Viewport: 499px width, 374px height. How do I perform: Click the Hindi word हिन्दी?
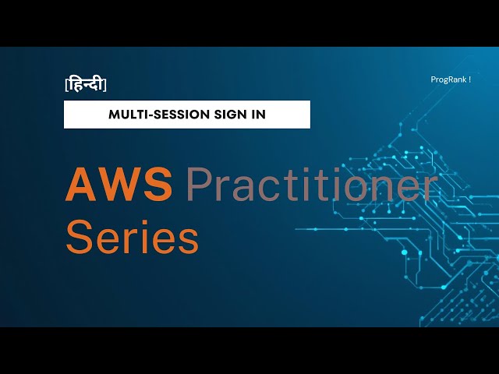[x=86, y=84]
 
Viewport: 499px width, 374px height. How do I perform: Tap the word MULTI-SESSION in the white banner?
[x=159, y=114]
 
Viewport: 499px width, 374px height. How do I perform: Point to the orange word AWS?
[x=119, y=185]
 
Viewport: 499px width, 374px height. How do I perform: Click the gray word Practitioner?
[x=310, y=187]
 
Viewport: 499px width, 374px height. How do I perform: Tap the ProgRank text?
[x=448, y=79]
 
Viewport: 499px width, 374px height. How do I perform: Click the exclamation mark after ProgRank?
[x=470, y=79]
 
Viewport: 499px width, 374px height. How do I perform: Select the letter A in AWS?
[x=80, y=185]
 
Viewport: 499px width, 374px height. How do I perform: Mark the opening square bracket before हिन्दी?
[x=66, y=84]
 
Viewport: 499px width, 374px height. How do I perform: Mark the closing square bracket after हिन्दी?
[x=105, y=84]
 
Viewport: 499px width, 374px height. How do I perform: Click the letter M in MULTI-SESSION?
[x=114, y=114]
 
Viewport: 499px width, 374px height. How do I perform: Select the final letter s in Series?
[x=188, y=240]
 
